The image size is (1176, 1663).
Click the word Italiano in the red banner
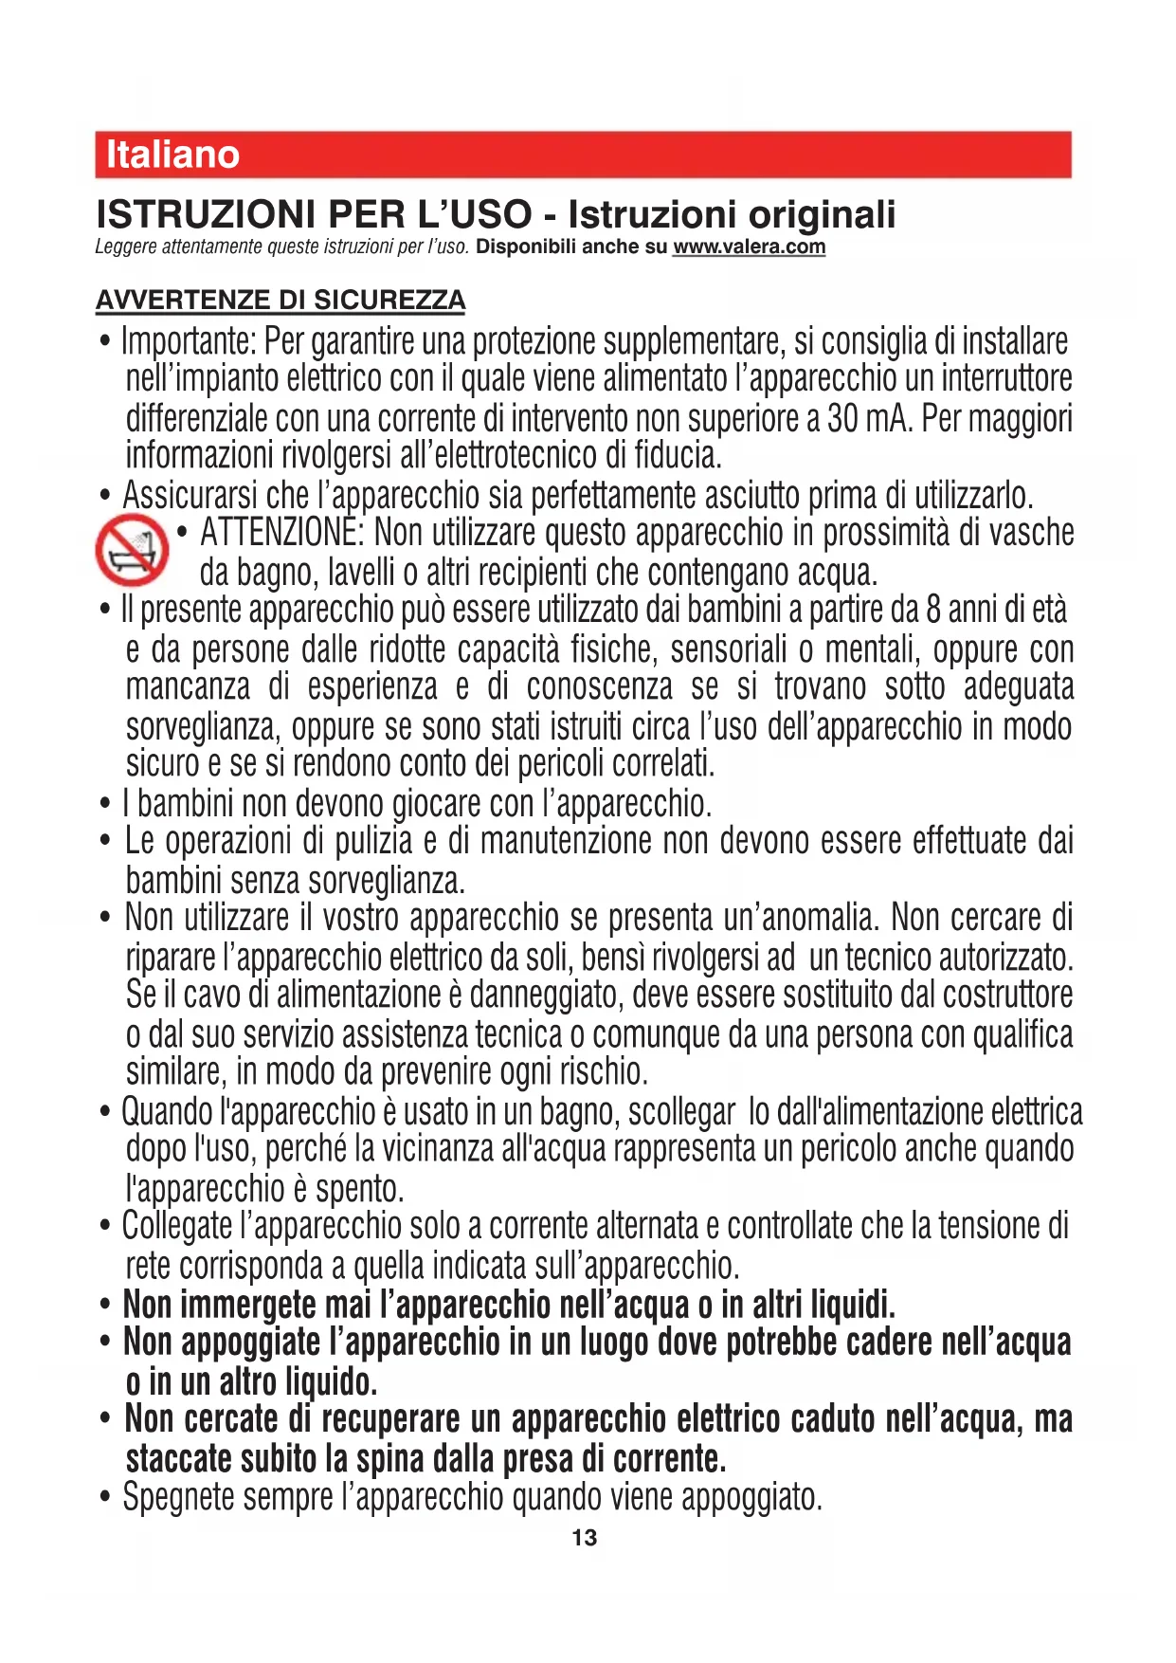click(x=172, y=155)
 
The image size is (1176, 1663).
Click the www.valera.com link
click(x=749, y=247)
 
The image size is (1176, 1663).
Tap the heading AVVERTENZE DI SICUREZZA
click(x=280, y=301)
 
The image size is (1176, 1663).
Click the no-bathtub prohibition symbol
click(x=132, y=550)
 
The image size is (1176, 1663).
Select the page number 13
click(x=585, y=1538)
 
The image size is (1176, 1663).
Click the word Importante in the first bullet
click(x=189, y=341)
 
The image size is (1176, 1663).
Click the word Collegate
click(x=177, y=1226)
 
